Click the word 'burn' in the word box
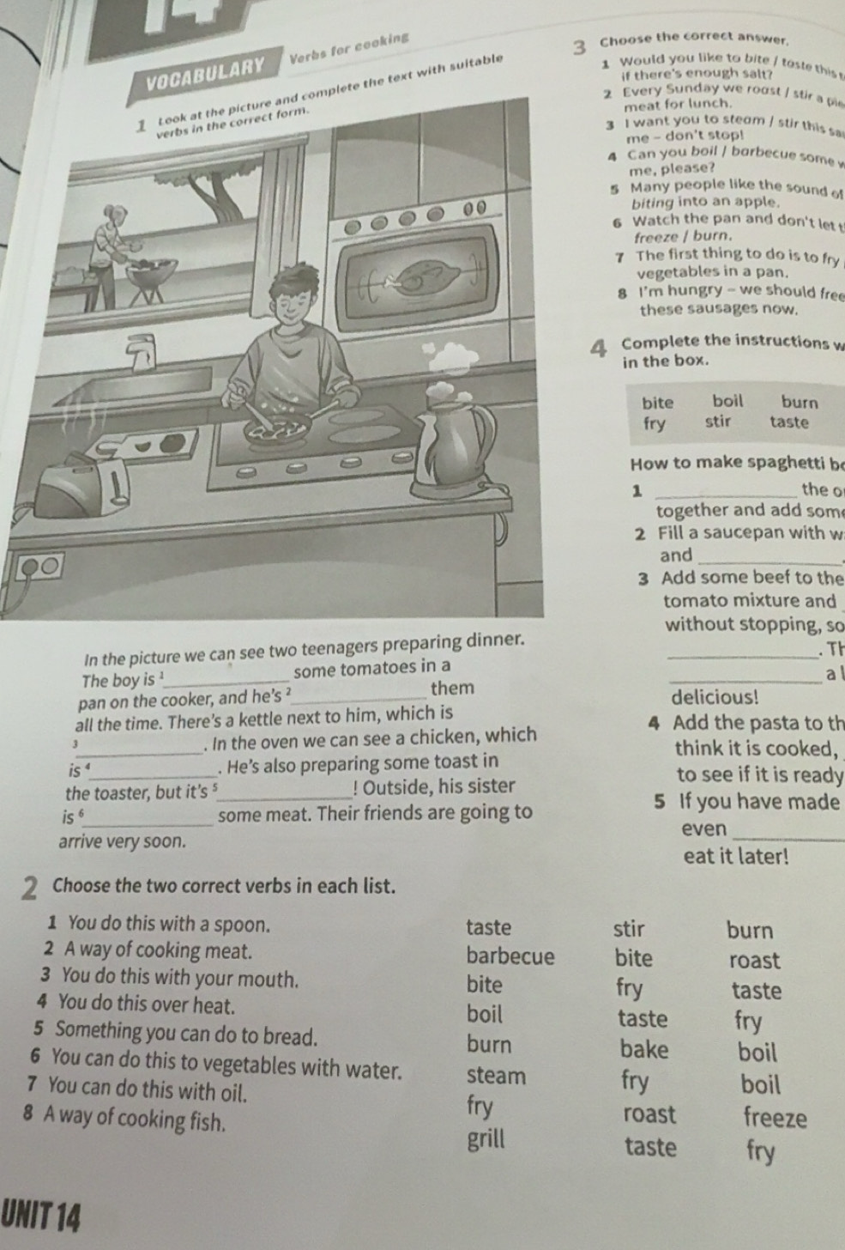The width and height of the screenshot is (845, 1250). pos(799,401)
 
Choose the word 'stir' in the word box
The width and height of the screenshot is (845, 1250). pos(718,422)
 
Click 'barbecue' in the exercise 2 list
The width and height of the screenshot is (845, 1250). pos(510,956)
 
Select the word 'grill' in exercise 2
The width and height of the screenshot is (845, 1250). pos(487,1139)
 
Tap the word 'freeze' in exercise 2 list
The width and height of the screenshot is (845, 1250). pos(776,1118)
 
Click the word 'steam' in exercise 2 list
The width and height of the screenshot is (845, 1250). pos(497,1074)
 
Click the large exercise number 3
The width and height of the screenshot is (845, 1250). pos(582,47)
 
